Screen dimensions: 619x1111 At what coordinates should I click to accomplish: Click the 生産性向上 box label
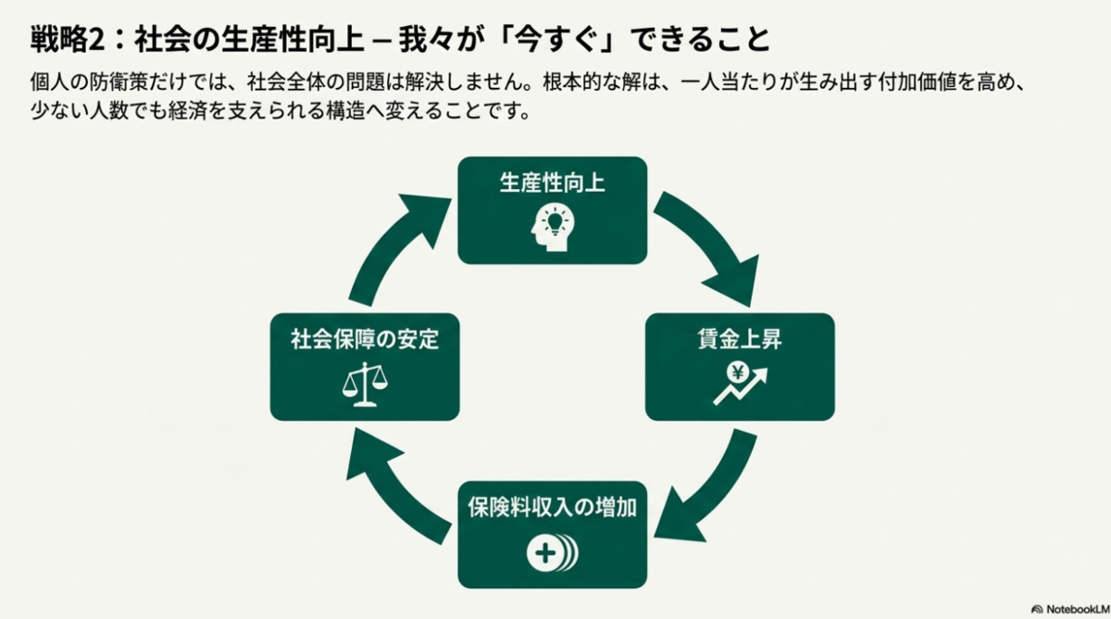pyautogui.click(x=552, y=183)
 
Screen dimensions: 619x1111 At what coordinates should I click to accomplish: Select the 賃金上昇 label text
pyautogui.click(x=740, y=339)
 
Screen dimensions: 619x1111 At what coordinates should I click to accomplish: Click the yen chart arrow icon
pyautogui.click(x=740, y=384)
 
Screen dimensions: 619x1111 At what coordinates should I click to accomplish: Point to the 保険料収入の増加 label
pyautogui.click(x=552, y=508)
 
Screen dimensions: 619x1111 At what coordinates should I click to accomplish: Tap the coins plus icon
pyautogui.click(x=552, y=553)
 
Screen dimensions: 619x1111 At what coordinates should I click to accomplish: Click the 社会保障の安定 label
pyautogui.click(x=365, y=339)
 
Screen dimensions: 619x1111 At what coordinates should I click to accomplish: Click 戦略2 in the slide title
pyautogui.click(x=65, y=40)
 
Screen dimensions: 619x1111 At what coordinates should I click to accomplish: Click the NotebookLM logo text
pyautogui.click(x=1073, y=609)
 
